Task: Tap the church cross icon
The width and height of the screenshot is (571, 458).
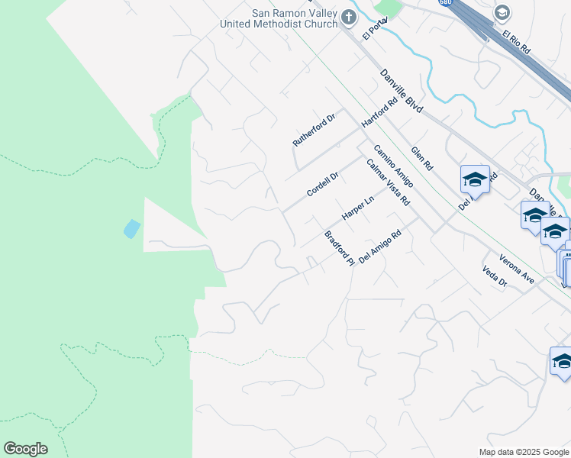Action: [x=349, y=17]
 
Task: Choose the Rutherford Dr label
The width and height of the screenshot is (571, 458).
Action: [x=314, y=131]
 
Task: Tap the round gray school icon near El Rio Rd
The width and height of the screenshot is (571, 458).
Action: [x=502, y=12]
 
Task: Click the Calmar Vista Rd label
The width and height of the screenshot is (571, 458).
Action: [x=388, y=182]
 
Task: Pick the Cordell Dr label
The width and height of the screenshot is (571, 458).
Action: [x=322, y=184]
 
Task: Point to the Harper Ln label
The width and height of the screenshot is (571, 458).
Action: [x=357, y=208]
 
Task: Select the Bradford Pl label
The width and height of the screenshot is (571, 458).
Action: [x=340, y=248]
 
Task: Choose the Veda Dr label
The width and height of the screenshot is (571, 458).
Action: [x=495, y=276]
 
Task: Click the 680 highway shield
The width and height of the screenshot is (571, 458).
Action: [x=446, y=2]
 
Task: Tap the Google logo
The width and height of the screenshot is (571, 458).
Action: [x=25, y=449]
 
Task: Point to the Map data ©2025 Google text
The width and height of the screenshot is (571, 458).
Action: [x=524, y=452]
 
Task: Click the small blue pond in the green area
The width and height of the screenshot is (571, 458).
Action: [x=131, y=228]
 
